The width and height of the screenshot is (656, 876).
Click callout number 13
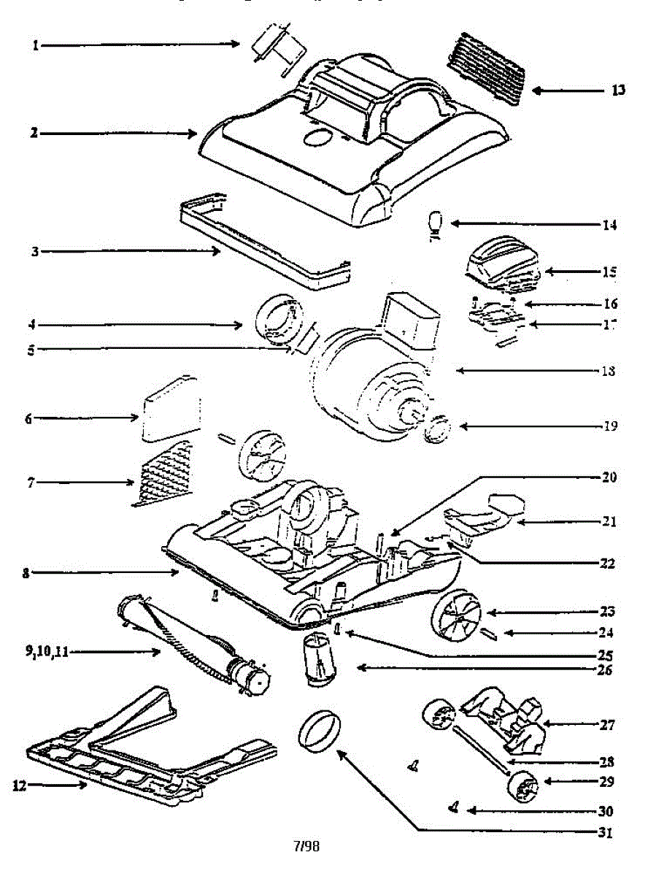click(x=618, y=91)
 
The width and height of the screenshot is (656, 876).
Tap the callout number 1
click(x=35, y=45)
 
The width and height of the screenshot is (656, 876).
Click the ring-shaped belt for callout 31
click(x=320, y=729)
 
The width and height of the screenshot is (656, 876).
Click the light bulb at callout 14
click(x=436, y=222)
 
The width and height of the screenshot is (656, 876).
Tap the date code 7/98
click(x=306, y=847)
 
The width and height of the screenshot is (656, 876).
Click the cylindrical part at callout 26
click(x=318, y=659)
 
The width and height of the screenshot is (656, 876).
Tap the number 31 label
click(x=605, y=831)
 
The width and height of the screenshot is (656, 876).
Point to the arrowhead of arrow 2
click(x=193, y=134)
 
